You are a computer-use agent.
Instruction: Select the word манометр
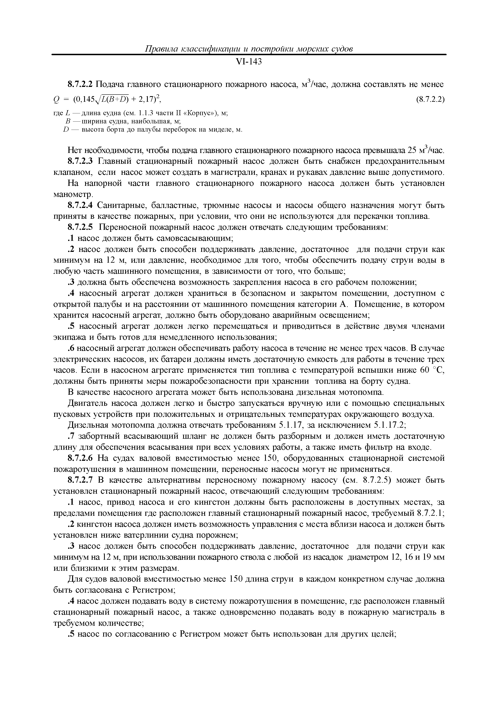coord(73,195)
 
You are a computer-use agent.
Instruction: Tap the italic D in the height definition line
coord(65,130)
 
